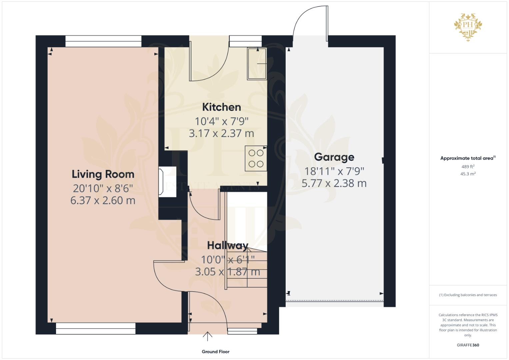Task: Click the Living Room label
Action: click(103, 174)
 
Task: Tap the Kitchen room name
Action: click(221, 107)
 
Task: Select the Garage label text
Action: click(334, 157)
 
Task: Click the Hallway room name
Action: click(228, 246)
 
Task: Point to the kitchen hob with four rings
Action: click(256, 158)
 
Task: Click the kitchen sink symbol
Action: click(257, 64)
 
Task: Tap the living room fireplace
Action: click(166, 182)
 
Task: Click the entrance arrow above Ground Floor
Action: click(207, 336)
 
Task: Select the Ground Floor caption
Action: click(215, 351)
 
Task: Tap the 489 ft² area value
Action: click(468, 167)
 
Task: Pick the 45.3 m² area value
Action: click(468, 174)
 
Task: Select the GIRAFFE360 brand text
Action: click(468, 345)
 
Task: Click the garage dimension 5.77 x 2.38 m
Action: click(334, 183)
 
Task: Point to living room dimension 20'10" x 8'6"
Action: click(103, 188)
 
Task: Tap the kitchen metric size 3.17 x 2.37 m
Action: click(221, 133)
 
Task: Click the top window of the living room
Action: click(103, 41)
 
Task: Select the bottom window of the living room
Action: click(96, 328)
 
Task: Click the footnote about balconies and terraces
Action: click(468, 295)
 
